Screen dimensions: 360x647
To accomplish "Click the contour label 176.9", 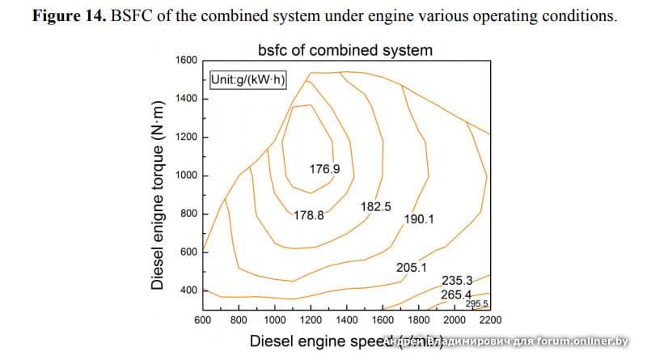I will pos(325,169).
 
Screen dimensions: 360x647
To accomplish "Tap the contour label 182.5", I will pos(376,207).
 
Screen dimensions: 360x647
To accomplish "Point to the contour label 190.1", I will pos(420,218).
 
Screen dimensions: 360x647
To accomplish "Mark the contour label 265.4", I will pos(456,294).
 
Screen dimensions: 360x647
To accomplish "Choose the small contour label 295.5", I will pos(477,304).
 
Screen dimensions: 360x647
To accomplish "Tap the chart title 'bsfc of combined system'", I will pos(345,50).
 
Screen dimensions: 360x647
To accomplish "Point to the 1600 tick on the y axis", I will pos(186,60).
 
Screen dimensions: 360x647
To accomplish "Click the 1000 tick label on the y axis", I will pos(186,176).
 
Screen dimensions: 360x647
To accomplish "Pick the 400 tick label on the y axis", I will pos(188,290).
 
